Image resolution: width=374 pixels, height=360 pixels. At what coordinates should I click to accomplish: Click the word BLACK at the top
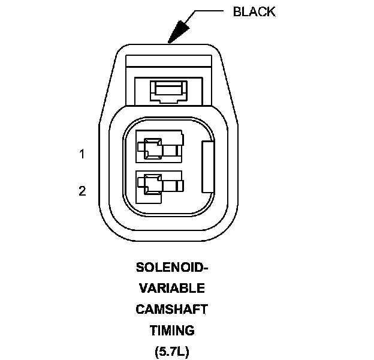(x=254, y=12)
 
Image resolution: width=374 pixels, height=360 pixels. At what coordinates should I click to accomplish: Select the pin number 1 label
(x=82, y=154)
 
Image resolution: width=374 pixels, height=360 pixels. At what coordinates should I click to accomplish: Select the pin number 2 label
(x=82, y=191)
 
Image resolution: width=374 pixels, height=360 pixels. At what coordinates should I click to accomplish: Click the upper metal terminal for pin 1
(x=159, y=147)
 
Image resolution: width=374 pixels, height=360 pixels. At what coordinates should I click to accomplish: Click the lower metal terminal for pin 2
(x=159, y=183)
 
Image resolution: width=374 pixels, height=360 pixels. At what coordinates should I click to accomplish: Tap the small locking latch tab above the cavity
(x=171, y=90)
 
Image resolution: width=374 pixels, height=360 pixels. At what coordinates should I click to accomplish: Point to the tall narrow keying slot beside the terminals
(x=207, y=166)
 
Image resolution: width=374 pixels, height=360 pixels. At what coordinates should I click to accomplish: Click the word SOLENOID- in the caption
(x=171, y=267)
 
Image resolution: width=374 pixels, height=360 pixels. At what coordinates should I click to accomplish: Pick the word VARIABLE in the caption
(x=171, y=288)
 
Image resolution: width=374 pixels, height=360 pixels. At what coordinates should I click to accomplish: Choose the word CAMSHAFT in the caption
(x=171, y=309)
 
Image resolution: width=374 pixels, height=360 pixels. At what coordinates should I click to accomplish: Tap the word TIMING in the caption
(x=171, y=330)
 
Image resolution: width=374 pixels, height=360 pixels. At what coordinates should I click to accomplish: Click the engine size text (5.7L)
(x=171, y=350)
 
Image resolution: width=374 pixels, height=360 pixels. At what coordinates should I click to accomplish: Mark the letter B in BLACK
(x=236, y=12)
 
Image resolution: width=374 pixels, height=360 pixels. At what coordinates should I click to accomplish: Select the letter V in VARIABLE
(x=143, y=288)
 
